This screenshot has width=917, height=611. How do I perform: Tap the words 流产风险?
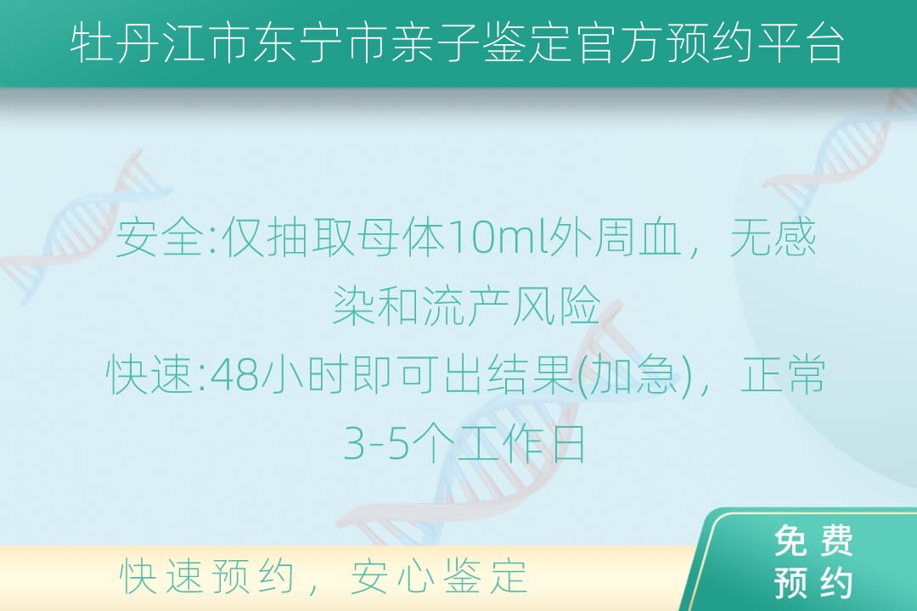pyautogui.click(x=512, y=305)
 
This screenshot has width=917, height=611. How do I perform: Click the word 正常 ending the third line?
pyautogui.click(x=783, y=374)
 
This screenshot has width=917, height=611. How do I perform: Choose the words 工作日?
pyautogui.click(x=520, y=443)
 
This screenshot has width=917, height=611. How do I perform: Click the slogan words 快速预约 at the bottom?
pyautogui.click(x=207, y=576)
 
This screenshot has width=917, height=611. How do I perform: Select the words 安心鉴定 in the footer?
pyautogui.click(x=439, y=576)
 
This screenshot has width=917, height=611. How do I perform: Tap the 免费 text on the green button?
pyautogui.click(x=813, y=541)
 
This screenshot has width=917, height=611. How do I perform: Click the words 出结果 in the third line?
pyautogui.click(x=509, y=374)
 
